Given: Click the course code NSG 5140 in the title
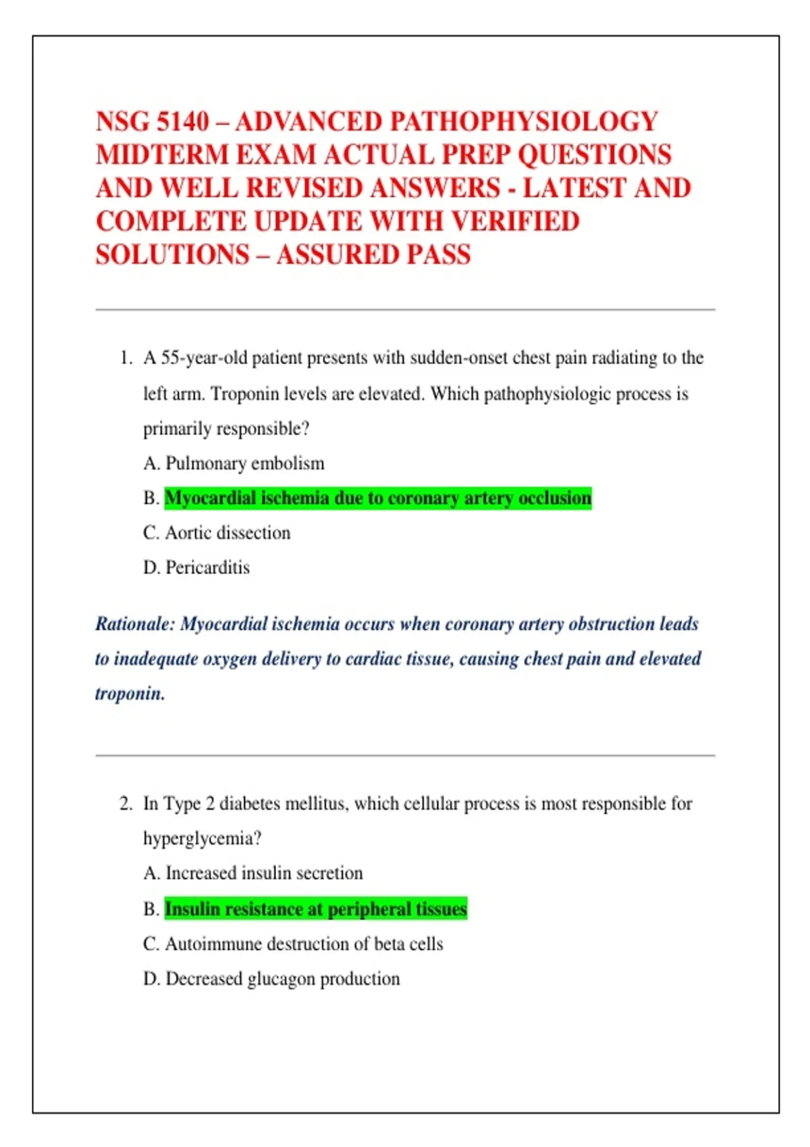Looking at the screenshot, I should tap(153, 122).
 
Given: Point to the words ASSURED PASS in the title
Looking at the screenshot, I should tap(373, 255).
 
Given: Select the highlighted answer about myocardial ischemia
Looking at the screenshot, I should tap(378, 499).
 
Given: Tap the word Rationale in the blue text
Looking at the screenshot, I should tap(135, 624).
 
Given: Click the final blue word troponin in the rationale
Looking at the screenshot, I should tap(130, 694).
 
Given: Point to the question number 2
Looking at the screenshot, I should tap(126, 804).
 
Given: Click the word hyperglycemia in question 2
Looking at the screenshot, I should tap(201, 839).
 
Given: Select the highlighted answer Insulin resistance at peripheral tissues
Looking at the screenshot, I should tap(315, 910).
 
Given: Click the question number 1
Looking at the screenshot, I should tap(126, 358).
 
